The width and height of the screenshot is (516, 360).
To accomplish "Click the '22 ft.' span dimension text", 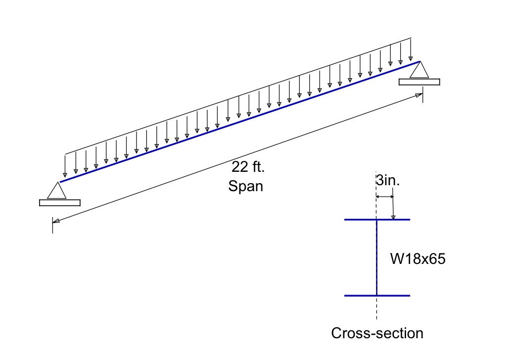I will pyautogui.click(x=248, y=167).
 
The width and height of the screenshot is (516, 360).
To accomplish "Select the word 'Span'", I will pyautogui.click(x=245, y=187).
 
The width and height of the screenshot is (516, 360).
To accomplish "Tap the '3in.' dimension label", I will pyautogui.click(x=387, y=181).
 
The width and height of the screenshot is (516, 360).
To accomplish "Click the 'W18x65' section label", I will pyautogui.click(x=418, y=258).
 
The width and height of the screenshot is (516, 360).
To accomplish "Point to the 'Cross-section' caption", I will pyautogui.click(x=377, y=333).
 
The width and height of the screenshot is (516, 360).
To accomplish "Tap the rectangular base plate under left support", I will pyautogui.click(x=59, y=202).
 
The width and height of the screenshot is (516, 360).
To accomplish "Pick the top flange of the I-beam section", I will pyautogui.click(x=377, y=219).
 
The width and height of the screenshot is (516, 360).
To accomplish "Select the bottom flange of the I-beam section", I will pyautogui.click(x=377, y=296).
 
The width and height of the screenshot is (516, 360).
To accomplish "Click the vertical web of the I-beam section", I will pyautogui.click(x=377, y=257).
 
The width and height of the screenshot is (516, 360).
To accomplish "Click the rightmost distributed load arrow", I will pyautogui.click(x=411, y=50).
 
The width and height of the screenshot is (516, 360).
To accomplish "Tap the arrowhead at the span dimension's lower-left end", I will pyautogui.click(x=56, y=221).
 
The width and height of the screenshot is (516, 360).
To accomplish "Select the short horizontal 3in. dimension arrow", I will pyautogui.click(x=385, y=197).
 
